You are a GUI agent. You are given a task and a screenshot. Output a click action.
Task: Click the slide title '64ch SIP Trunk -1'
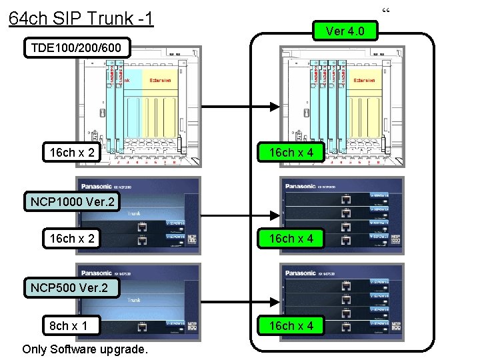(81, 17)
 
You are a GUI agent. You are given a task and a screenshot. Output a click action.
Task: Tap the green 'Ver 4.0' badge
(345, 31)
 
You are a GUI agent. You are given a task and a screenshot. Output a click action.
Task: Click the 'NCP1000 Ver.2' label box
(72, 201)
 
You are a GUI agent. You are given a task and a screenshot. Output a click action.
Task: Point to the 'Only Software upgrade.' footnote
(84, 349)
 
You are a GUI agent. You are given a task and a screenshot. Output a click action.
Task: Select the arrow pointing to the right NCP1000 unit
(240, 214)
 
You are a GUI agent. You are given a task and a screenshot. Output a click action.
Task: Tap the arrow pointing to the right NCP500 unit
(240, 300)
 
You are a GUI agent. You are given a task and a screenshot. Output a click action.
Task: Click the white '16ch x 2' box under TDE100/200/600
(72, 153)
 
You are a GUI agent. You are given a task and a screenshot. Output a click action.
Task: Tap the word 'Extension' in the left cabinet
(160, 80)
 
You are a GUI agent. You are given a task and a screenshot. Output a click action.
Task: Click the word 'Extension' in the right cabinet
(365, 80)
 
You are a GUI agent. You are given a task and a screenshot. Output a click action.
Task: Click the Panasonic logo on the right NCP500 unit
(300, 273)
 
